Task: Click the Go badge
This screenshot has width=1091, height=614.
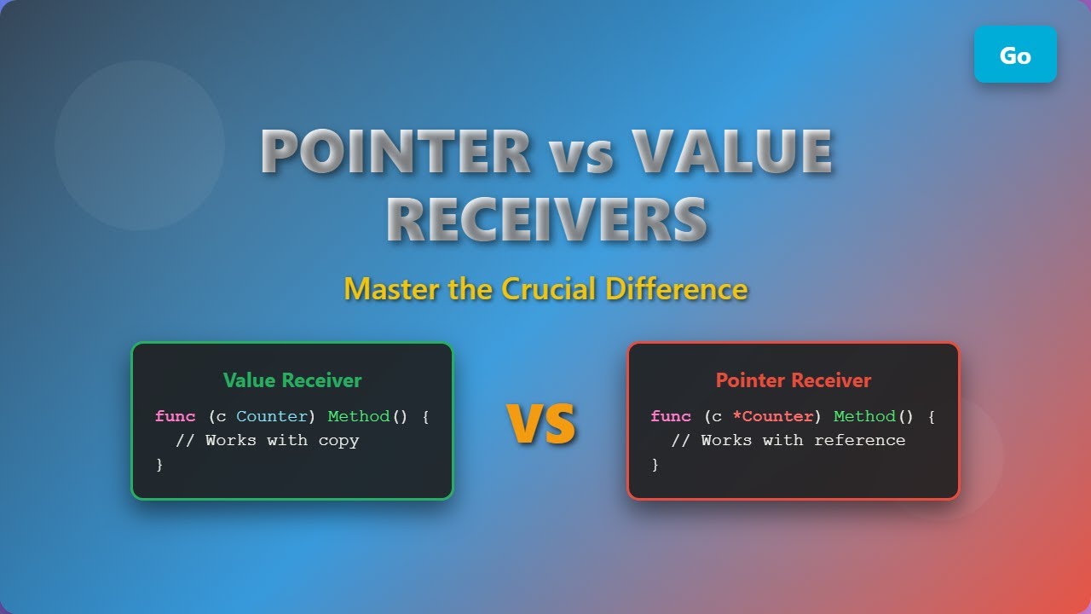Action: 1015,55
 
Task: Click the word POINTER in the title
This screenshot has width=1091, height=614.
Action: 395,152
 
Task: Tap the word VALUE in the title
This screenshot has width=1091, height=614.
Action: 732,152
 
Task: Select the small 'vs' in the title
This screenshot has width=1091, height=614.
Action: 580,155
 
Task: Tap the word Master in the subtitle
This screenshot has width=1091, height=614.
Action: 392,289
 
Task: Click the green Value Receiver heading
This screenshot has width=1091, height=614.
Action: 292,380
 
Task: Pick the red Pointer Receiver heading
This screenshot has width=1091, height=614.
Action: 793,380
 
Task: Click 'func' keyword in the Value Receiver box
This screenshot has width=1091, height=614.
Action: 175,416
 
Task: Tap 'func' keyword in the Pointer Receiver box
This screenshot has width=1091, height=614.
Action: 670,416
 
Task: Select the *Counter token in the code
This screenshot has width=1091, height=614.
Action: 772,416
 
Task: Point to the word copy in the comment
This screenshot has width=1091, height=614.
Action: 338,441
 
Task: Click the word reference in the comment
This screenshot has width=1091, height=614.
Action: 859,441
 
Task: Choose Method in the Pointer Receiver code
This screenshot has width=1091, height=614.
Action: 864,416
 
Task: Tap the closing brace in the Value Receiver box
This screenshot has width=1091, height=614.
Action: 159,465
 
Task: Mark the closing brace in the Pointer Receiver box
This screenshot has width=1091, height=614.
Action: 655,465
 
